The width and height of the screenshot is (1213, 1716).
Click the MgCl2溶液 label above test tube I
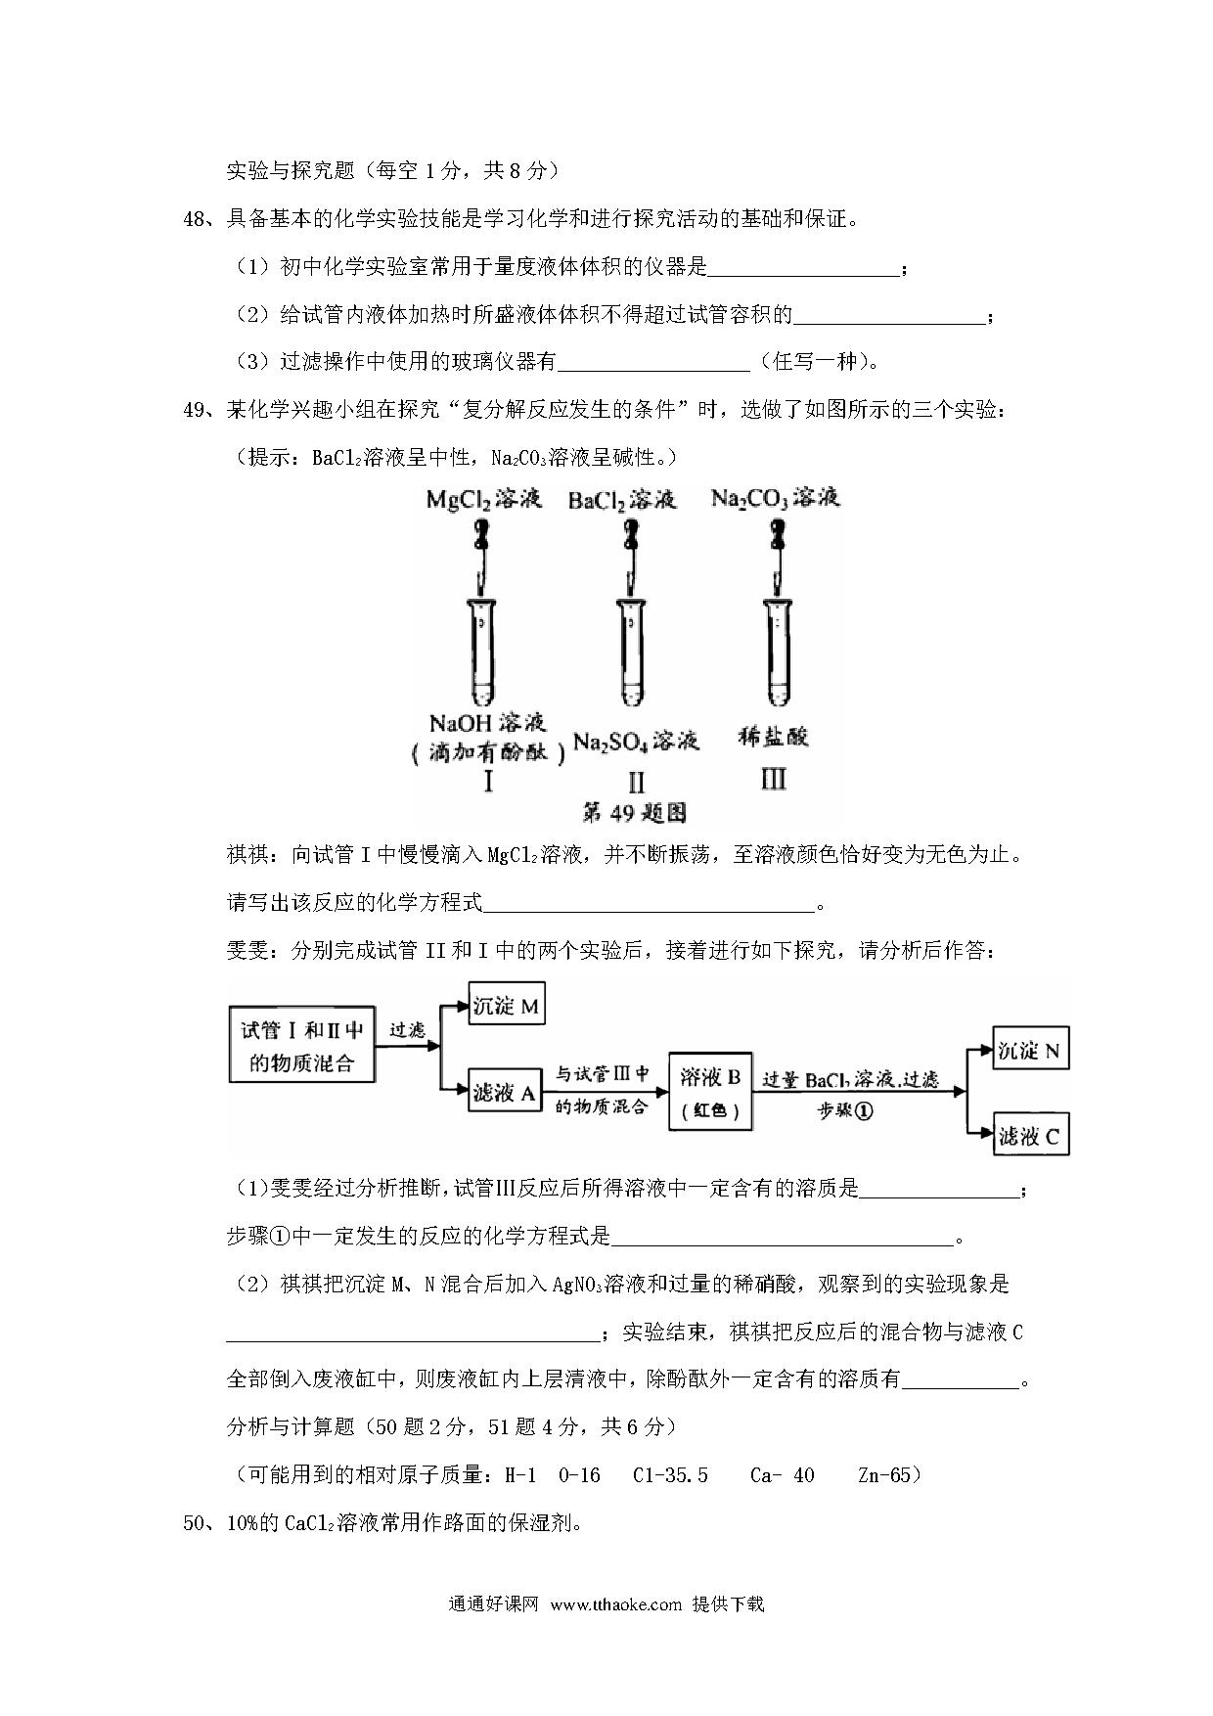(x=483, y=500)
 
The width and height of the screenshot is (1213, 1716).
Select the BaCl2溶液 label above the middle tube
(x=622, y=500)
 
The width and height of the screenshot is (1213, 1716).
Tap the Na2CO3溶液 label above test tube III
(x=775, y=498)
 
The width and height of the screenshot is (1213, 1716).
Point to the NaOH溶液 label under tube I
(x=487, y=723)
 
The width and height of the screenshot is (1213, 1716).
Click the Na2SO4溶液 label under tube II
(x=636, y=741)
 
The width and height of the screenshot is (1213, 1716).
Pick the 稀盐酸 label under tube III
(x=773, y=737)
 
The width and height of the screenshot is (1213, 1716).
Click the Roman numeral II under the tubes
(x=636, y=782)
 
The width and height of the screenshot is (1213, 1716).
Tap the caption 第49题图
(x=634, y=811)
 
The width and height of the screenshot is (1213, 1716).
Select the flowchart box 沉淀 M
(x=506, y=1006)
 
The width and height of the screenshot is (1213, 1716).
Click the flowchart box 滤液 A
(x=505, y=1094)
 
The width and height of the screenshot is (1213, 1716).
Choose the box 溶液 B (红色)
(x=710, y=1092)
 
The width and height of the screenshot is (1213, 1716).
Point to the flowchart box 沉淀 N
(x=1029, y=1050)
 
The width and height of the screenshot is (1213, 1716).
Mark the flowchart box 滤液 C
(x=1029, y=1136)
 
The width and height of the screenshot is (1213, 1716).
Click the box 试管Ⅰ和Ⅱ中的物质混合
(x=301, y=1046)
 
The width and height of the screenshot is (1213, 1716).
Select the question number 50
(x=194, y=1523)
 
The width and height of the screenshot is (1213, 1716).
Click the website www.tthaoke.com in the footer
(x=615, y=1631)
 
